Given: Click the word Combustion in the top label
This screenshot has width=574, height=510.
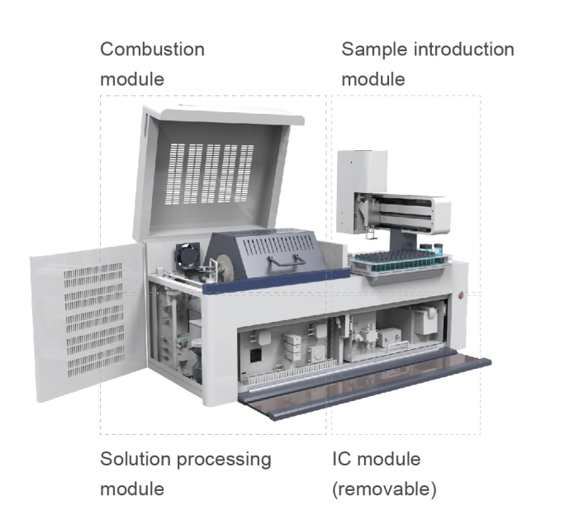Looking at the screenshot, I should (152, 49).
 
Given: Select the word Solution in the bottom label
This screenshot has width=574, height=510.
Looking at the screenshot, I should (135, 459).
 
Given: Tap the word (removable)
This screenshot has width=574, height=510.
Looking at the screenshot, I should (383, 489).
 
